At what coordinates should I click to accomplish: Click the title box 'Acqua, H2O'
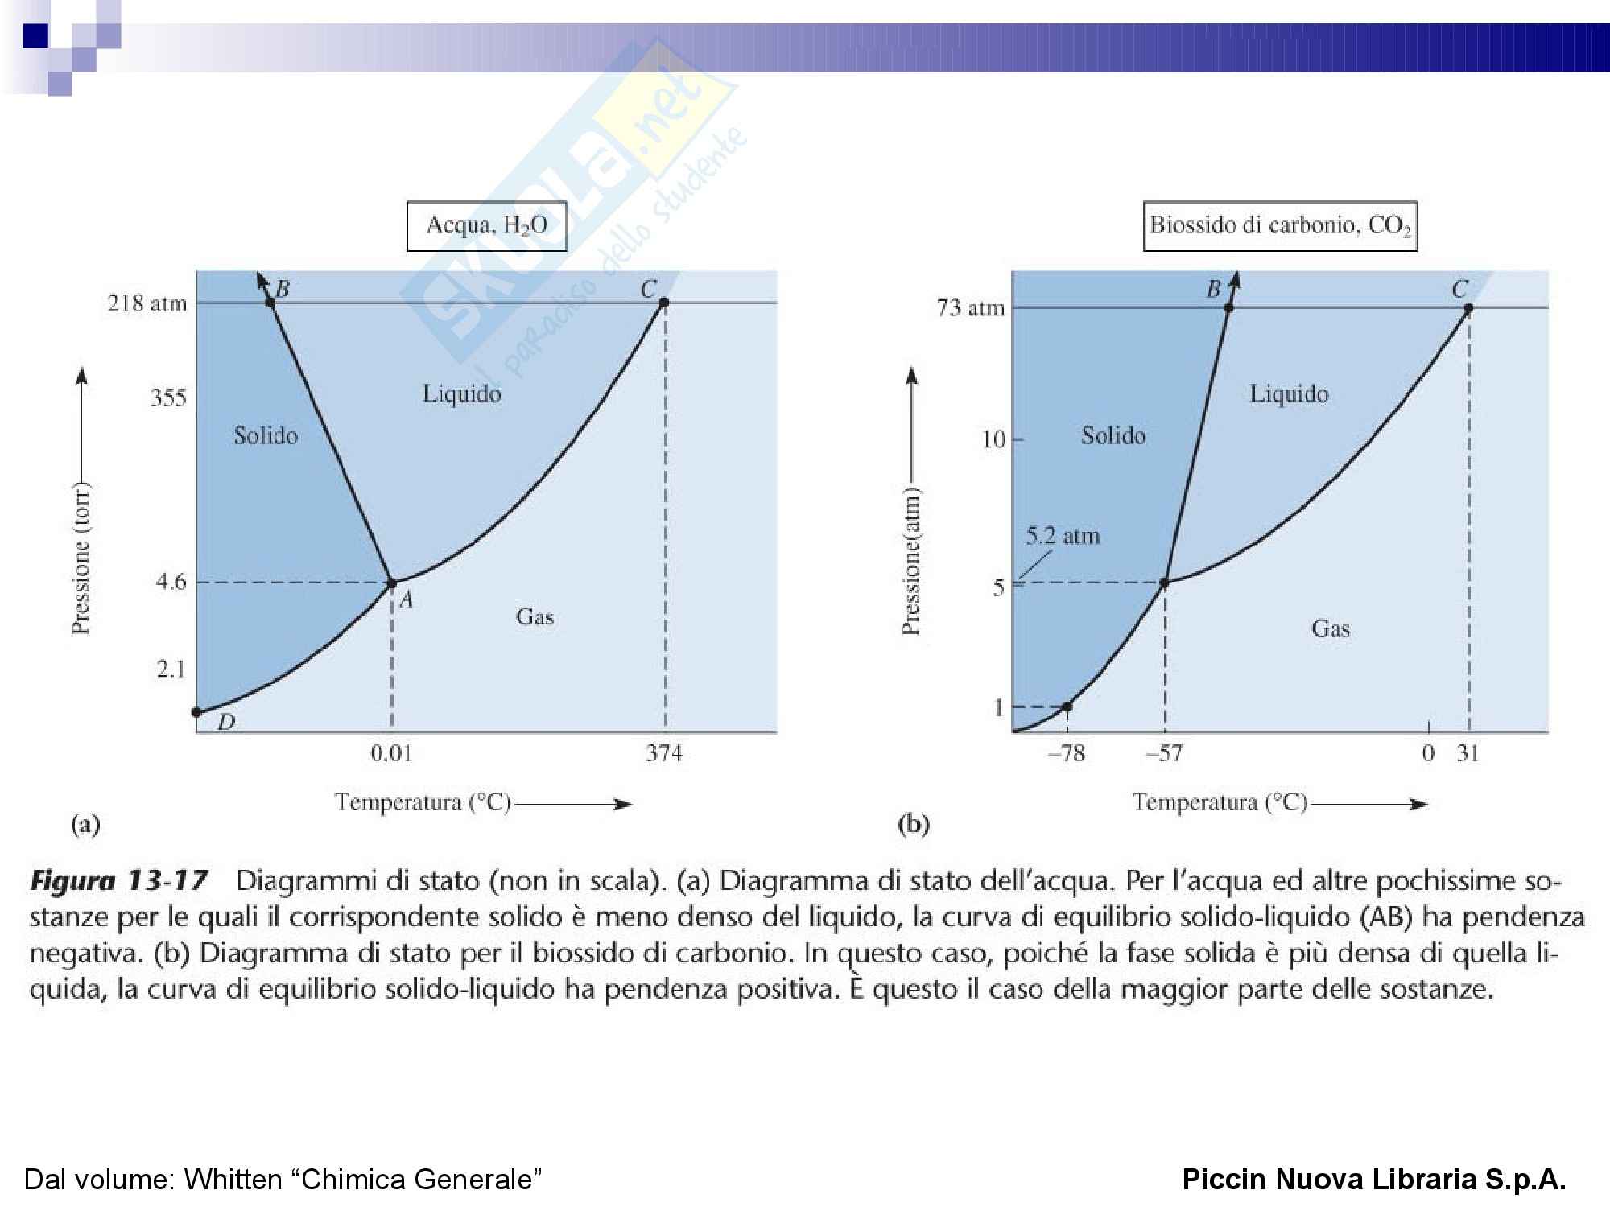(x=486, y=226)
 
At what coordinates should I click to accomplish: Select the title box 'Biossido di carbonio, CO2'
(x=1280, y=226)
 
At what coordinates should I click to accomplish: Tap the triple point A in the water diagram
(x=392, y=583)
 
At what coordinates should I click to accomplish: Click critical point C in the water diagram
(x=664, y=303)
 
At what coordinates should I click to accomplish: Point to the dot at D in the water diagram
(x=196, y=712)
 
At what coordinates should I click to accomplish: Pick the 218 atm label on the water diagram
(x=147, y=303)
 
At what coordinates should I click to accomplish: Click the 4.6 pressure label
(x=171, y=581)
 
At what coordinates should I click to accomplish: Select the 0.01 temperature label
(x=391, y=753)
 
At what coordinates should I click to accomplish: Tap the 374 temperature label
(x=664, y=753)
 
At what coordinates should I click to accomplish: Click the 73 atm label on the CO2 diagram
(x=971, y=307)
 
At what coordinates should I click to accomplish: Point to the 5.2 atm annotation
(x=1063, y=536)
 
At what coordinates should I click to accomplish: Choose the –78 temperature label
(x=1067, y=753)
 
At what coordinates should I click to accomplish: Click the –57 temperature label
(x=1164, y=753)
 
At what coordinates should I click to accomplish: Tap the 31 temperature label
(x=1468, y=753)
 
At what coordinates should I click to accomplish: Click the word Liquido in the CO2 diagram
(x=1289, y=393)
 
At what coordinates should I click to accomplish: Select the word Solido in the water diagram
(x=266, y=435)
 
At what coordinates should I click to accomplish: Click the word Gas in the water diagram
(x=535, y=616)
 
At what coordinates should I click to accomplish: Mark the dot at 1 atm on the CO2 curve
(x=1067, y=707)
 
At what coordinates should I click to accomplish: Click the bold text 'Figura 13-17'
(x=119, y=880)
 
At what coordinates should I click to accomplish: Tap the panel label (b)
(x=914, y=824)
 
